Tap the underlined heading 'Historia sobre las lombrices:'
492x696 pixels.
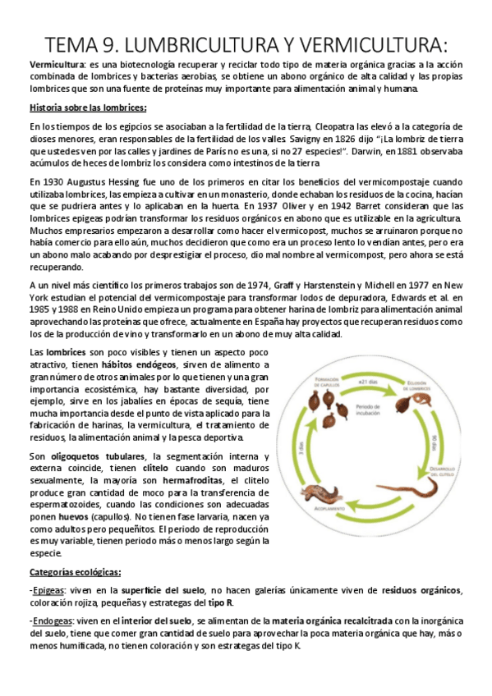click(88, 108)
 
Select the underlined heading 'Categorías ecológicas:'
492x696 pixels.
click(76, 571)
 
